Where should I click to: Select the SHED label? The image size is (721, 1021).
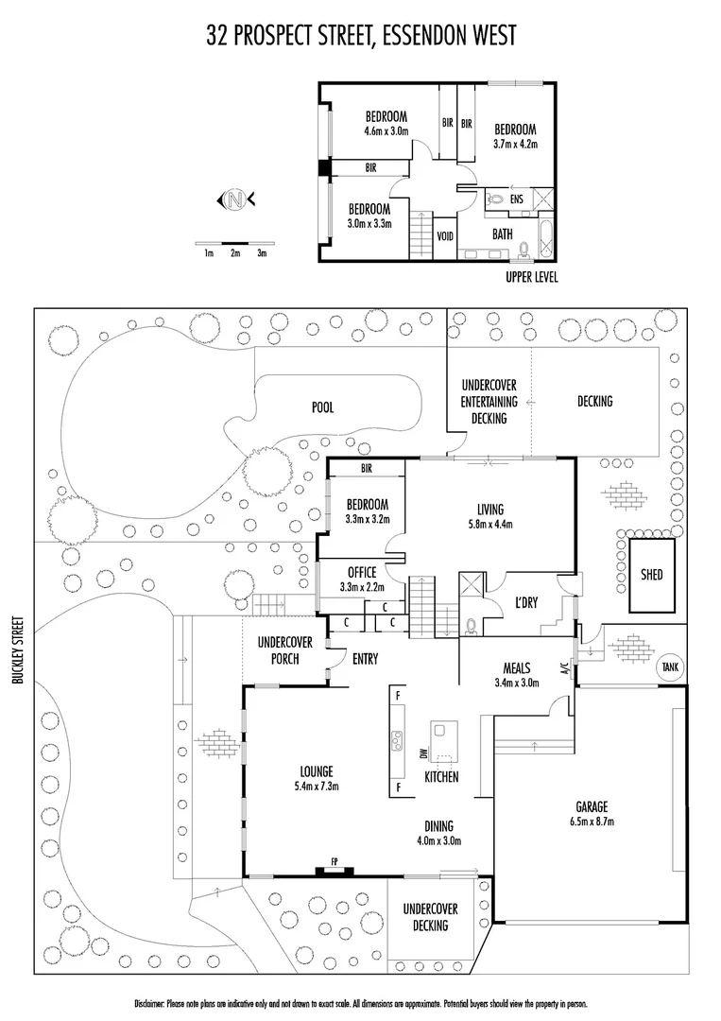click(651, 574)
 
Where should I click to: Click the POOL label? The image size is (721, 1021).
click(324, 407)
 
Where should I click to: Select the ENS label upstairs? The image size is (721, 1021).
click(517, 199)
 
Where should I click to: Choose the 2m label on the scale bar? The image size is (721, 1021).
click(235, 252)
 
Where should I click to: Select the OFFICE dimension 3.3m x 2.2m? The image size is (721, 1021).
click(362, 587)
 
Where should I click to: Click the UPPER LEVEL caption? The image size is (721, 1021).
click(532, 277)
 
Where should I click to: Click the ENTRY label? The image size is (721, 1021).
click(365, 658)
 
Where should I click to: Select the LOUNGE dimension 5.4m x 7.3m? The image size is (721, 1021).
click(317, 786)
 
